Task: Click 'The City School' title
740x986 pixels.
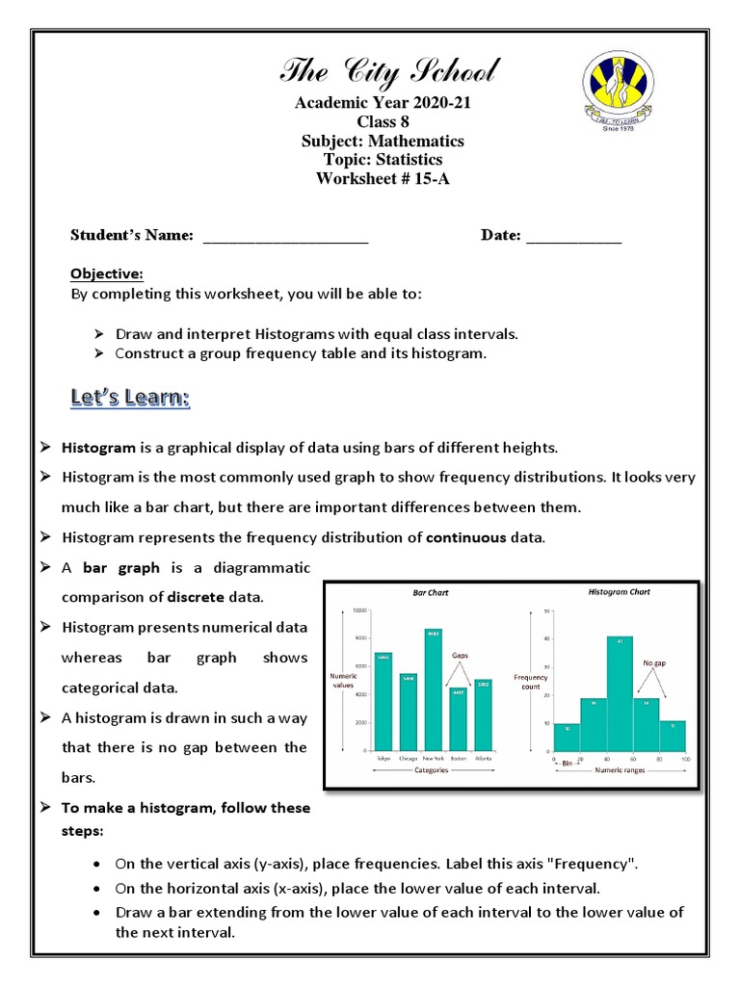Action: click(x=389, y=70)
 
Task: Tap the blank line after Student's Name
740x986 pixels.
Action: click(x=286, y=236)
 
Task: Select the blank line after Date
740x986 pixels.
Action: click(x=573, y=236)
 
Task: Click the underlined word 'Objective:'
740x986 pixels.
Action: click(x=107, y=273)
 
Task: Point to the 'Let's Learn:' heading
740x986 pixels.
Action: click(x=130, y=398)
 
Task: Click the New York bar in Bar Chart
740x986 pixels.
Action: click(x=433, y=688)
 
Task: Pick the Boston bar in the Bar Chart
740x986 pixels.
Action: click(x=458, y=717)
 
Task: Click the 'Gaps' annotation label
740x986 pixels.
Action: click(x=460, y=655)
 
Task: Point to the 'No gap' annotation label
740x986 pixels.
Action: click(x=654, y=663)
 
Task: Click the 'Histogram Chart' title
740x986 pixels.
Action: click(x=620, y=591)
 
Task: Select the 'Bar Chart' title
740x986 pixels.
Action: click(x=431, y=593)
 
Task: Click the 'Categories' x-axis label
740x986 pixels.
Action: click(x=431, y=770)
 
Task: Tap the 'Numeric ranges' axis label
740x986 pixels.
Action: click(x=620, y=770)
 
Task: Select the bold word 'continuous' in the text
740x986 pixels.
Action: click(x=465, y=537)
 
